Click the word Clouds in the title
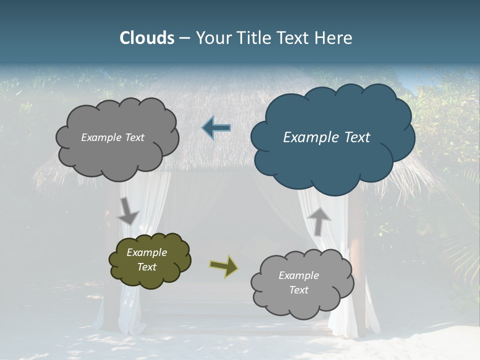pyautogui.click(x=146, y=38)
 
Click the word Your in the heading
pyautogui.click(x=210, y=38)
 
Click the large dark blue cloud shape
pyautogui.click(x=332, y=165)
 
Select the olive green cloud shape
pyautogui.click(x=150, y=277)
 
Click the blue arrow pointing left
pyautogui.click(x=216, y=128)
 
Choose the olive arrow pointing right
pyautogui.click(x=224, y=266)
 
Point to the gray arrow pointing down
pyautogui.click(x=127, y=210)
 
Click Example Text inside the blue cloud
pyautogui.click(x=326, y=137)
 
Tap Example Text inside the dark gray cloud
pyautogui.click(x=112, y=137)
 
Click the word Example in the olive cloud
pyautogui.click(x=146, y=252)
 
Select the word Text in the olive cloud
pyautogui.click(x=146, y=267)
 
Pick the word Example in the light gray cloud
pyautogui.click(x=298, y=275)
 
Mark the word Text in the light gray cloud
pyautogui.click(x=298, y=290)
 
